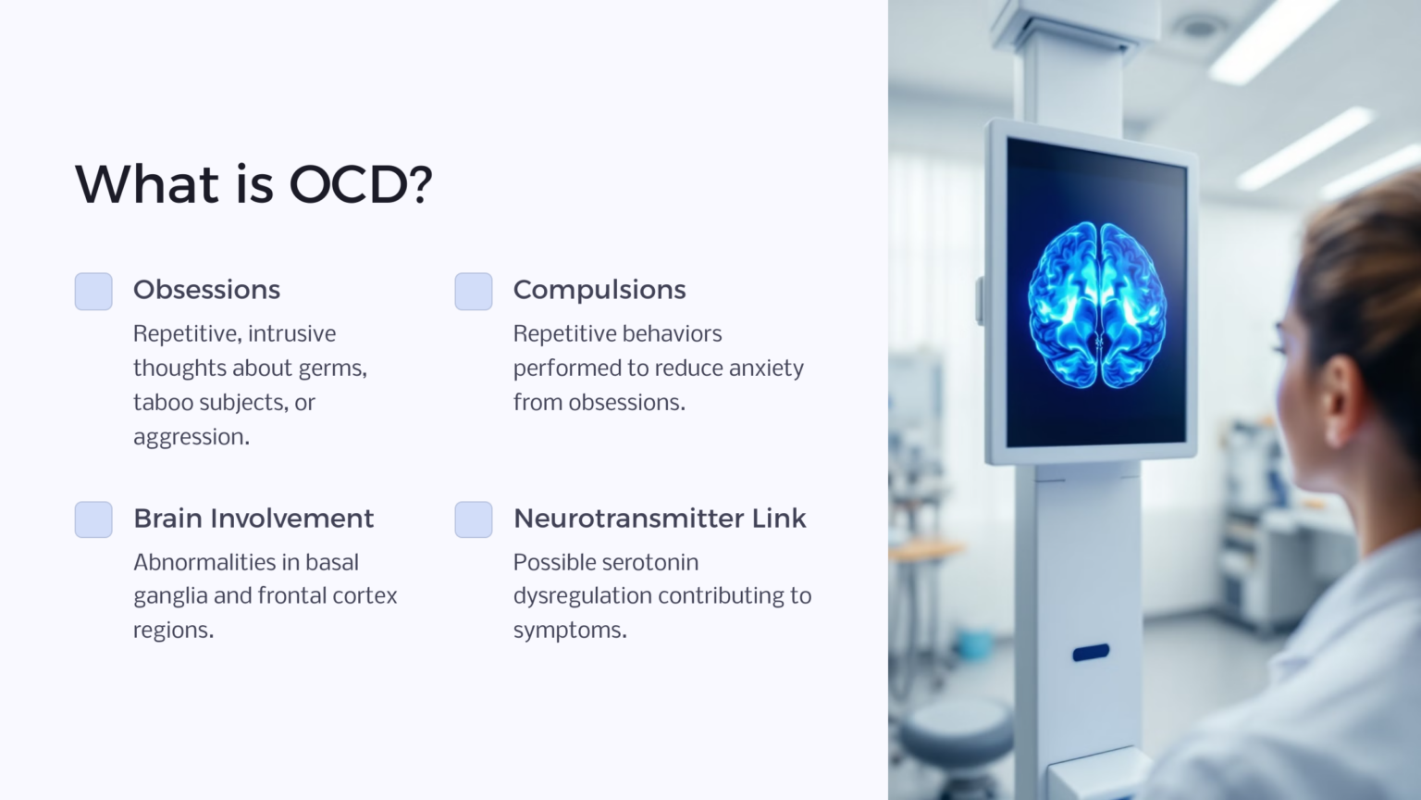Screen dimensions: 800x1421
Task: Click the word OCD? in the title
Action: pyautogui.click(x=361, y=184)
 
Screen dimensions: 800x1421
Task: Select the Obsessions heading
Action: pyautogui.click(x=206, y=290)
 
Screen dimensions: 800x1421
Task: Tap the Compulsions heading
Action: pyautogui.click(x=599, y=290)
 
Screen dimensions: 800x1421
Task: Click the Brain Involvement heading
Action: pyautogui.click(x=253, y=519)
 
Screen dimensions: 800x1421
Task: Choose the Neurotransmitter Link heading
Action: pyautogui.click(x=660, y=519)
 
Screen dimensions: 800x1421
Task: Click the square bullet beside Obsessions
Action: pyautogui.click(x=93, y=292)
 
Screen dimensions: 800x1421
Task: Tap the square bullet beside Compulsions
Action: pyautogui.click(x=474, y=292)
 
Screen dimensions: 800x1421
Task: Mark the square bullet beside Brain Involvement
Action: pyautogui.click(x=93, y=519)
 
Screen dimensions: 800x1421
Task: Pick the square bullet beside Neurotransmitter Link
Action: pyautogui.click(x=474, y=519)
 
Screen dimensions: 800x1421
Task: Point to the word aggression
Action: pyautogui.click(x=190, y=438)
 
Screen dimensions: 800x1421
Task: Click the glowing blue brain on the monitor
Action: pyautogui.click(x=1097, y=306)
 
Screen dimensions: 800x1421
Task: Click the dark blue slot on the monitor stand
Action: pyautogui.click(x=1091, y=653)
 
